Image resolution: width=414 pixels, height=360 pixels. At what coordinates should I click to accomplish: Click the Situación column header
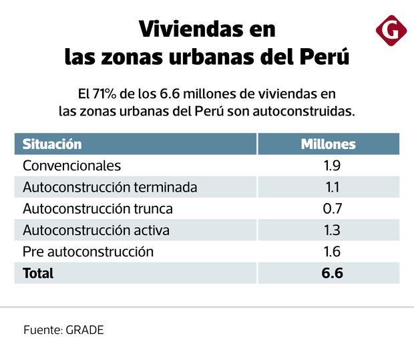[52, 144]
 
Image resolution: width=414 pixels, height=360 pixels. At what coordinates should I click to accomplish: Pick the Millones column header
[328, 144]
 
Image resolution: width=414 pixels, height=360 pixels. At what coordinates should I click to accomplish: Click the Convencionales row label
[71, 165]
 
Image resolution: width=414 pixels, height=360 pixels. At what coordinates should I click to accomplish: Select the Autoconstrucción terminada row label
[110, 187]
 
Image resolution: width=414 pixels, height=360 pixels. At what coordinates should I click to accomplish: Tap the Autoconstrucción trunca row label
[97, 208]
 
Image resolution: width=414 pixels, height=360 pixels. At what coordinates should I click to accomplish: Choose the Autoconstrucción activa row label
[95, 230]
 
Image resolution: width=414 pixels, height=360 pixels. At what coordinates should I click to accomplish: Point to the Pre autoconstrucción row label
[88, 252]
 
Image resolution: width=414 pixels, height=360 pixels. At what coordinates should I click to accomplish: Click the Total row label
[38, 273]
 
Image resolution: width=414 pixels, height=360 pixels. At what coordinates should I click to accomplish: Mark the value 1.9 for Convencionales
[331, 165]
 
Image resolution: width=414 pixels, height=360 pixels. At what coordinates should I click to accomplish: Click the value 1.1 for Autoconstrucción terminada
[331, 187]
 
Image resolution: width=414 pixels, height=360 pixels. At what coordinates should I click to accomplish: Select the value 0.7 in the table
[332, 208]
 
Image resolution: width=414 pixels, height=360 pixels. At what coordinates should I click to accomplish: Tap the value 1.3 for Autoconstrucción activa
[331, 230]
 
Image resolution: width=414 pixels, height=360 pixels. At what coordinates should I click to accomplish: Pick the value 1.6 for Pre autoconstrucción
[331, 252]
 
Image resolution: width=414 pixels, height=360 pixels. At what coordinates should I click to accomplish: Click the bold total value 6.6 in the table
[331, 273]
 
